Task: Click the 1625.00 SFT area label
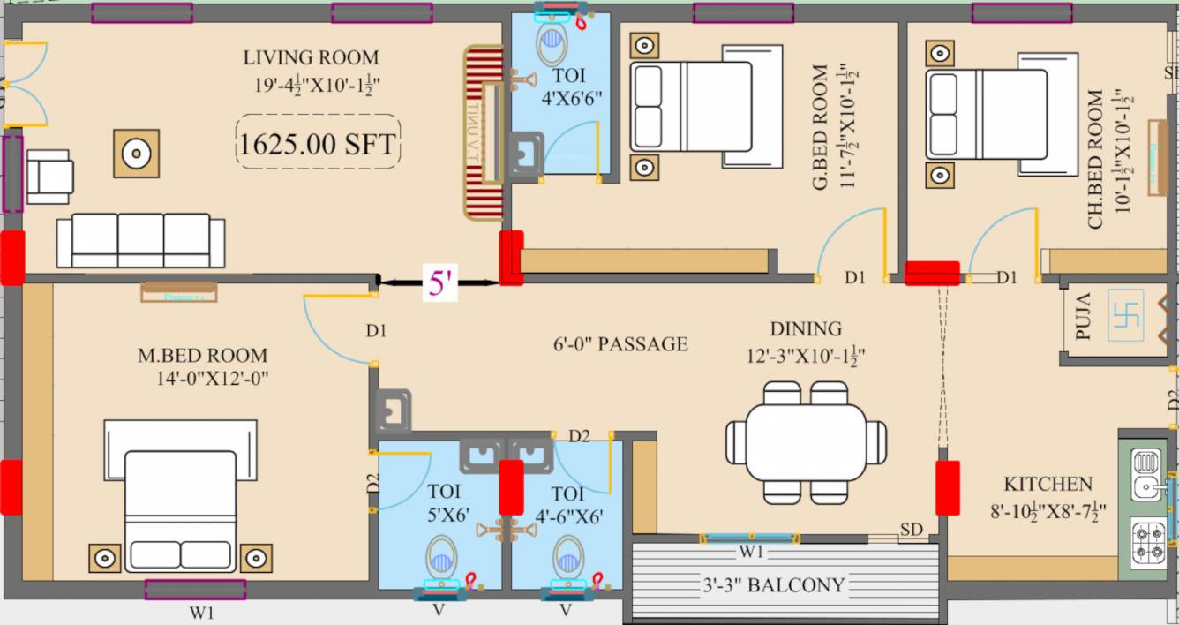(318, 142)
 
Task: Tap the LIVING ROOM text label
(311, 58)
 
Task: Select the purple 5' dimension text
(439, 283)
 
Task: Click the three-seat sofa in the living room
(140, 240)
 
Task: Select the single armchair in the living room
(49, 176)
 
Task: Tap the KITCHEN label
(1048, 485)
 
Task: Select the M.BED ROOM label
(202, 356)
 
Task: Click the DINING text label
(805, 329)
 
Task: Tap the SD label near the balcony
(911, 529)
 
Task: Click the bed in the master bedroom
(180, 508)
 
